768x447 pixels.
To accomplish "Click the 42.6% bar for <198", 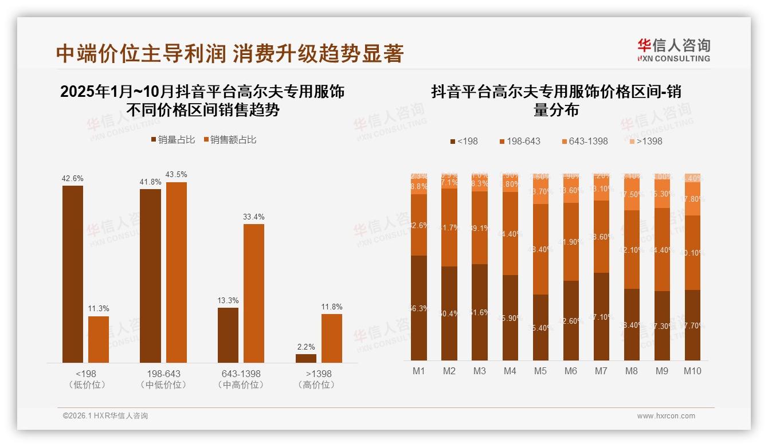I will pos(73,274).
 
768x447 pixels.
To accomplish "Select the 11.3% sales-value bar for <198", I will pos(99,339).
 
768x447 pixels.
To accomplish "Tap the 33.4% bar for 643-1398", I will pos(254,293).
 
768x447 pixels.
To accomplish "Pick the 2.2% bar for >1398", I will pos(306,358).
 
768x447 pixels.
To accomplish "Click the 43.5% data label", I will pos(176,174).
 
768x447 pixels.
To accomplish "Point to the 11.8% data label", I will pos(331,307).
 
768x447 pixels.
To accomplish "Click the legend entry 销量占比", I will pos(173,140).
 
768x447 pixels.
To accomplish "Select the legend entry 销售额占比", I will pos(229,140).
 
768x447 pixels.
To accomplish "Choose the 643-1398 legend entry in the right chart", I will pos(583,141).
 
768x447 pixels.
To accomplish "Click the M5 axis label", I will pos(540,371).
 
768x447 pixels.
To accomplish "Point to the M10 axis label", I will pos(692,371).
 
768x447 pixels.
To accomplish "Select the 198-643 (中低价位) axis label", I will pos(163,379).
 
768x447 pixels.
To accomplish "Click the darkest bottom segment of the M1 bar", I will pos(419,308).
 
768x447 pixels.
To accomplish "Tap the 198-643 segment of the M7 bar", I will pos(601,237).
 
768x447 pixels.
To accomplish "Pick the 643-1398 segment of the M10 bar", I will pos(692,199).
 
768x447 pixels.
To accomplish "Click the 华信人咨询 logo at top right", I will pos(673,50).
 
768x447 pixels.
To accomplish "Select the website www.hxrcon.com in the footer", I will pos(666,416).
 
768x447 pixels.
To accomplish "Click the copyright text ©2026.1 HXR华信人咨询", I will pos(105,416).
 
